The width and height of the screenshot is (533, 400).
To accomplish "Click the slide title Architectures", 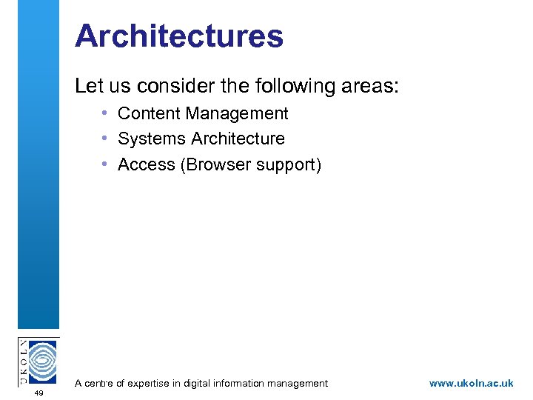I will (178, 36).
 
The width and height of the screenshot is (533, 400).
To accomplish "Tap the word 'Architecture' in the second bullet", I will (238, 139).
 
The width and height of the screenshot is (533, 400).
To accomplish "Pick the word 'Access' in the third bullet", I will (146, 164).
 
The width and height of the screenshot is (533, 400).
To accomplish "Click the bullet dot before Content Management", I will (107, 113).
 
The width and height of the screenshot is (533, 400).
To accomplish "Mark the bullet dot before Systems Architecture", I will (107, 139).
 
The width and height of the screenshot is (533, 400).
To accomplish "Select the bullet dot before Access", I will (107, 164).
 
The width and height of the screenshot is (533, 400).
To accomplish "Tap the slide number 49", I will (38, 393).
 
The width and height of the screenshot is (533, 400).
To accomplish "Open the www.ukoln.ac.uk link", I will (471, 383).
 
